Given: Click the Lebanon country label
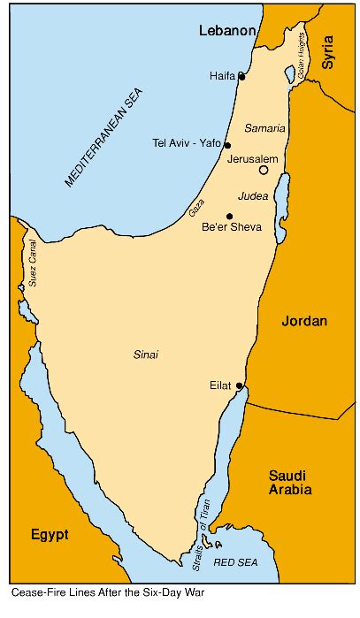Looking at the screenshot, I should coord(226,31).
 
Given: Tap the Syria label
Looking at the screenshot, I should coord(328,52).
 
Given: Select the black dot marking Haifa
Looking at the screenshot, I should coord(242,76).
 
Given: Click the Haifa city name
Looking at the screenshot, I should coord(222,76).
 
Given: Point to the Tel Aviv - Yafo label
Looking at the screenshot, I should coord(187,144).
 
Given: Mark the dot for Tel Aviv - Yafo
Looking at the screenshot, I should coord(228,145).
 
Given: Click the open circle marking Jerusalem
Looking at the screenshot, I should coord(263,170).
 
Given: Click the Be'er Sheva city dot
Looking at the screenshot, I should coord(230,216).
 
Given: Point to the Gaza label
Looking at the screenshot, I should coord(196,210).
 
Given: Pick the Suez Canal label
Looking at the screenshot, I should coord(33,264).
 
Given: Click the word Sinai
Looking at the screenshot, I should coord(145,355).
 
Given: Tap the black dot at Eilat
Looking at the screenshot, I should coord(240,385).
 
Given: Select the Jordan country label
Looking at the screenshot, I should coord(303,321).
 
